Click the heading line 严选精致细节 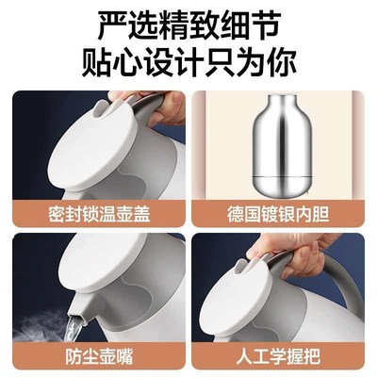[188, 24]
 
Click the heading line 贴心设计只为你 [188, 61]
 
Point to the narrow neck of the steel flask [283, 106]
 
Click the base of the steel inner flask [283, 184]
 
